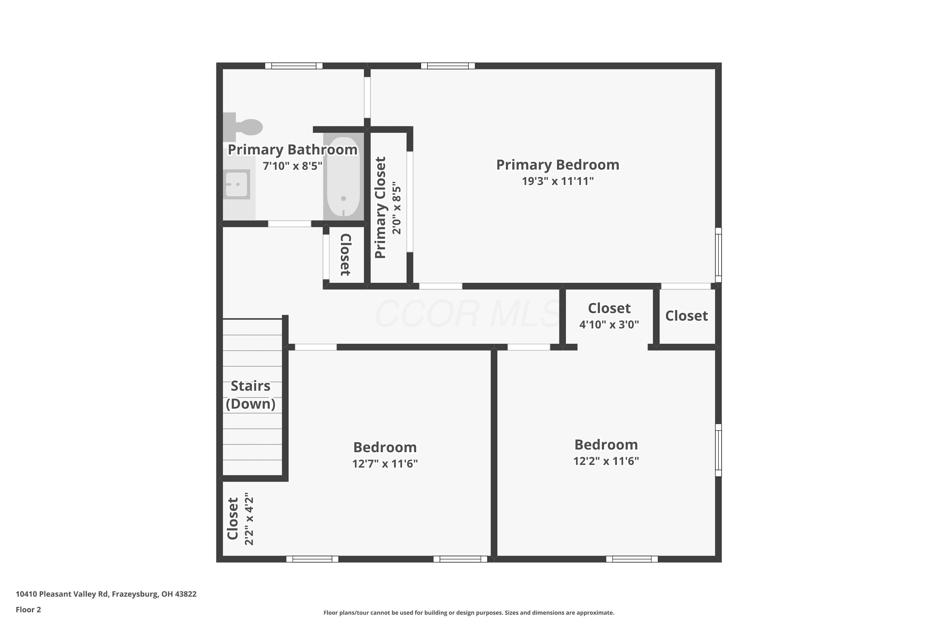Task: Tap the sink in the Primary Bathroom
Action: [237, 184]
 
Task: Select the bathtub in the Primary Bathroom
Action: [343, 177]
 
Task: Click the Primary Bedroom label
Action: [557, 165]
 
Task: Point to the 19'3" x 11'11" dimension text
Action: [557, 181]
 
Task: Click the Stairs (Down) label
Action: [250, 395]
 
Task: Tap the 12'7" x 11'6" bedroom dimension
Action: [385, 463]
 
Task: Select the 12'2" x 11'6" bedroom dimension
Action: [606, 461]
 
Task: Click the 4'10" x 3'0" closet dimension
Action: [609, 324]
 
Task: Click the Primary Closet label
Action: [381, 208]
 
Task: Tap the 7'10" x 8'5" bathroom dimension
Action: [292, 166]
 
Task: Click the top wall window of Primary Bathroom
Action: [294, 66]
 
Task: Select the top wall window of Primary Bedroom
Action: [448, 66]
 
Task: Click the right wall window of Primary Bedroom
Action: [718, 255]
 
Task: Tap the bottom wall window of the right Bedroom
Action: [632, 559]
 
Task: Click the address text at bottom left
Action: [106, 594]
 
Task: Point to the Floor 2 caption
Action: [28, 609]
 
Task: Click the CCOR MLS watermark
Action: [468, 314]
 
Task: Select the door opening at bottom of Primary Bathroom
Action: [290, 224]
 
